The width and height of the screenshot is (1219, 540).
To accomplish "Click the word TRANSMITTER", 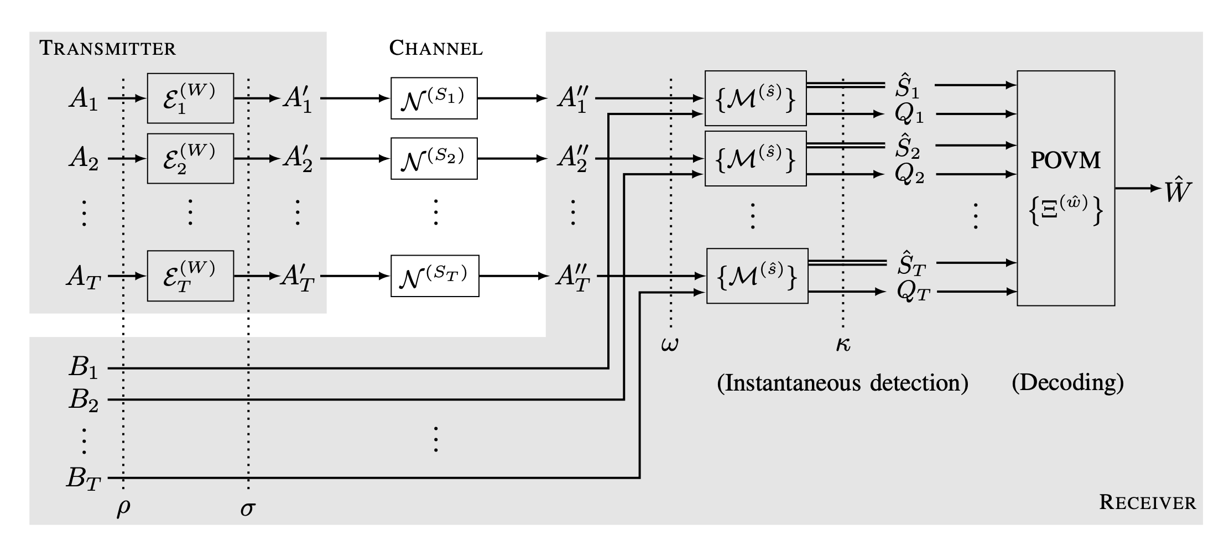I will pos(107,49).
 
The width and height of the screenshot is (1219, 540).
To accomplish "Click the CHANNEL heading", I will pos(435,48).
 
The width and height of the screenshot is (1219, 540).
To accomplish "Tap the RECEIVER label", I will pos(1147,502).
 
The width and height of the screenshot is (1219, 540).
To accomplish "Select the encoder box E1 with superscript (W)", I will pos(190,98).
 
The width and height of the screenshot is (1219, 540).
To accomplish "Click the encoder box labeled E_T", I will pos(190,276).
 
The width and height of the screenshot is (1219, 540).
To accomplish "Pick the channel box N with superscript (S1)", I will pos(434,98).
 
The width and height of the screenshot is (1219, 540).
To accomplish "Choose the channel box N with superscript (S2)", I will pos(434,159).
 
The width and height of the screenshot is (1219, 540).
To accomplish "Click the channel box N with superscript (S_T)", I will pos(435,276).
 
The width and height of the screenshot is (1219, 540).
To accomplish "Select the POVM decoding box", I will pos(1065,188).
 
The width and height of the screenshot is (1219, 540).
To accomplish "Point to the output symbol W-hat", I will pos(1177,191).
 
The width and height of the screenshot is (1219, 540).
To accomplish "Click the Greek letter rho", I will pos(123,507).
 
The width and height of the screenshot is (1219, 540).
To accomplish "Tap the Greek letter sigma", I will pos(248,508).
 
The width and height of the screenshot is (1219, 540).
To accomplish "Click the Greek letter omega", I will pos(669,345).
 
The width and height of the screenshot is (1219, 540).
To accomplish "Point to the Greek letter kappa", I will pos(843,345).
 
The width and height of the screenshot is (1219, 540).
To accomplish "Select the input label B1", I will pos(83,367).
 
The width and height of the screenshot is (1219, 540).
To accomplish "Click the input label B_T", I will pos(83,478).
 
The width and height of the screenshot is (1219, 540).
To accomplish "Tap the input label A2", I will pos(84,159).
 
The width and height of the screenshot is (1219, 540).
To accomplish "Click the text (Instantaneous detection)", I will pos(842,383).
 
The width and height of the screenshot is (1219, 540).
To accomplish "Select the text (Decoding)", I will pos(1067,383).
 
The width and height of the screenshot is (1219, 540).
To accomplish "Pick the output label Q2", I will pos(909,175).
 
